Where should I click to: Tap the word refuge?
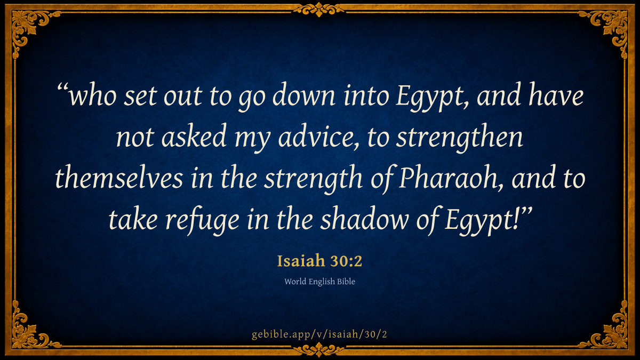pyautogui.click(x=203, y=220)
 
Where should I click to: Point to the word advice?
pyautogui.click(x=318, y=137)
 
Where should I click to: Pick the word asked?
pyautogui.click(x=194, y=137)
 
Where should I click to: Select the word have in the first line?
pyautogui.click(x=556, y=95)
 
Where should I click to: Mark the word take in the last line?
pyautogui.click(x=133, y=219)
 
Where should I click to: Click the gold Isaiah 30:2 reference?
pyautogui.click(x=319, y=261)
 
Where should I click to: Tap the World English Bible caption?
pyautogui.click(x=319, y=282)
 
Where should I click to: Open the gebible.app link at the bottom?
pyautogui.click(x=319, y=334)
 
